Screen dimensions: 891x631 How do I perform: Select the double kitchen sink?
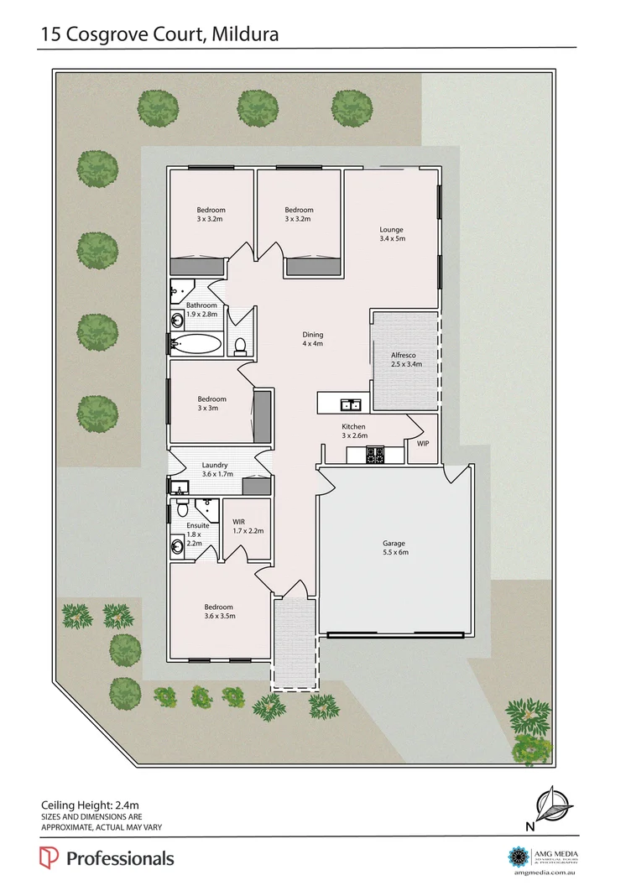pyautogui.click(x=351, y=406)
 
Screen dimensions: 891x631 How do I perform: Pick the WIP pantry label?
pyautogui.click(x=422, y=442)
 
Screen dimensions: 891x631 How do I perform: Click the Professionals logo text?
pyautogui.click(x=119, y=858)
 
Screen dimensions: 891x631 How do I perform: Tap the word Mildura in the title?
pyautogui.click(x=245, y=34)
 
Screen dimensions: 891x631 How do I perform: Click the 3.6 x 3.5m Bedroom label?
pyautogui.click(x=219, y=611)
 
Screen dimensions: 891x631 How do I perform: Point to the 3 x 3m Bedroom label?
pyautogui.click(x=211, y=404)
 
